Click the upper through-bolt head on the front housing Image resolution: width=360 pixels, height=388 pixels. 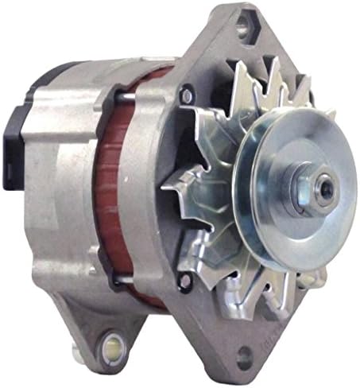point(186,95)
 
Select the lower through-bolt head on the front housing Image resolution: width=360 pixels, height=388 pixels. point(185,281)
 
